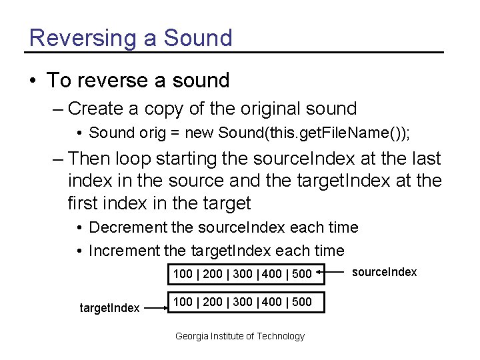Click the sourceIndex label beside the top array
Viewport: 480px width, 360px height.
tap(384, 272)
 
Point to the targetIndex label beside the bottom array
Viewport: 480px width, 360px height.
tap(109, 308)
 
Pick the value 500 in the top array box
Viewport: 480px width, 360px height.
tap(302, 273)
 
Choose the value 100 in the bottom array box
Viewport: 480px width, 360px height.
tap(183, 301)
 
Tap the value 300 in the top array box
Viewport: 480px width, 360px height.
tap(243, 273)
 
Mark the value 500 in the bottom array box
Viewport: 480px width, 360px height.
tap(302, 301)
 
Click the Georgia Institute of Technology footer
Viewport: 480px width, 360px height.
tap(239, 336)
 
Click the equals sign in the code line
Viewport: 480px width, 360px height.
tap(174, 133)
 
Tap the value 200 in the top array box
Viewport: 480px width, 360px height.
tap(213, 273)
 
